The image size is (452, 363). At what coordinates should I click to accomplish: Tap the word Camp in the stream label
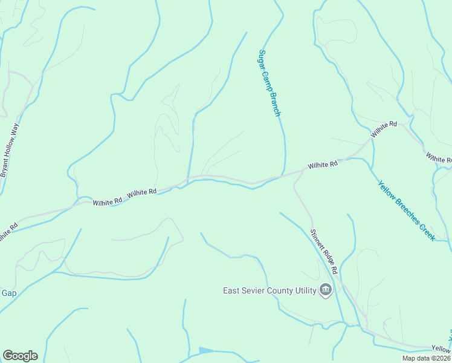click(268, 79)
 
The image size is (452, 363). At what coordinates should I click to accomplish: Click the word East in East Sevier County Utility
click(232, 290)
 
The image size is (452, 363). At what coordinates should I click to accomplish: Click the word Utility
click(306, 290)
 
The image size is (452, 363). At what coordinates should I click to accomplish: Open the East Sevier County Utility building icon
click(326, 290)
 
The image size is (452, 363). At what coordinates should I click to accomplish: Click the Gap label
click(8, 293)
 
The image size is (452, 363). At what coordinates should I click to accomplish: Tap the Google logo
click(20, 356)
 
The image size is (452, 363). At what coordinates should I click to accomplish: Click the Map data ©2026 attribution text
click(426, 358)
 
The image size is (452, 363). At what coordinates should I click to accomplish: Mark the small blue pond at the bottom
click(205, 350)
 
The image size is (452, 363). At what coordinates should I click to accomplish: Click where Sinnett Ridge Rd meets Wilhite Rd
click(302, 172)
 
